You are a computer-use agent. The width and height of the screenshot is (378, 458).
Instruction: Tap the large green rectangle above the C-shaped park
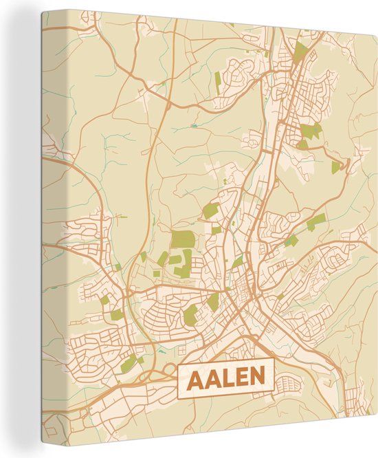tap(183, 239)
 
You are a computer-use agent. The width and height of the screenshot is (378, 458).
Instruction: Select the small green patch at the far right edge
tap(335, 166)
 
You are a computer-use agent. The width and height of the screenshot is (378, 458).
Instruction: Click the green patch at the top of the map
tap(300, 51)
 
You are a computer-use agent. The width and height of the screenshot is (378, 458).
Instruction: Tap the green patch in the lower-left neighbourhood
tap(128, 364)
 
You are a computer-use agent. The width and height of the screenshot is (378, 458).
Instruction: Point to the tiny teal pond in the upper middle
tap(194, 126)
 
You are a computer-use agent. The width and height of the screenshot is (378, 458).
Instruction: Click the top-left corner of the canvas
tap(42, 11)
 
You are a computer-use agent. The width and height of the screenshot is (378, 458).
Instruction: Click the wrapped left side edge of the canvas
tap(43, 227)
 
